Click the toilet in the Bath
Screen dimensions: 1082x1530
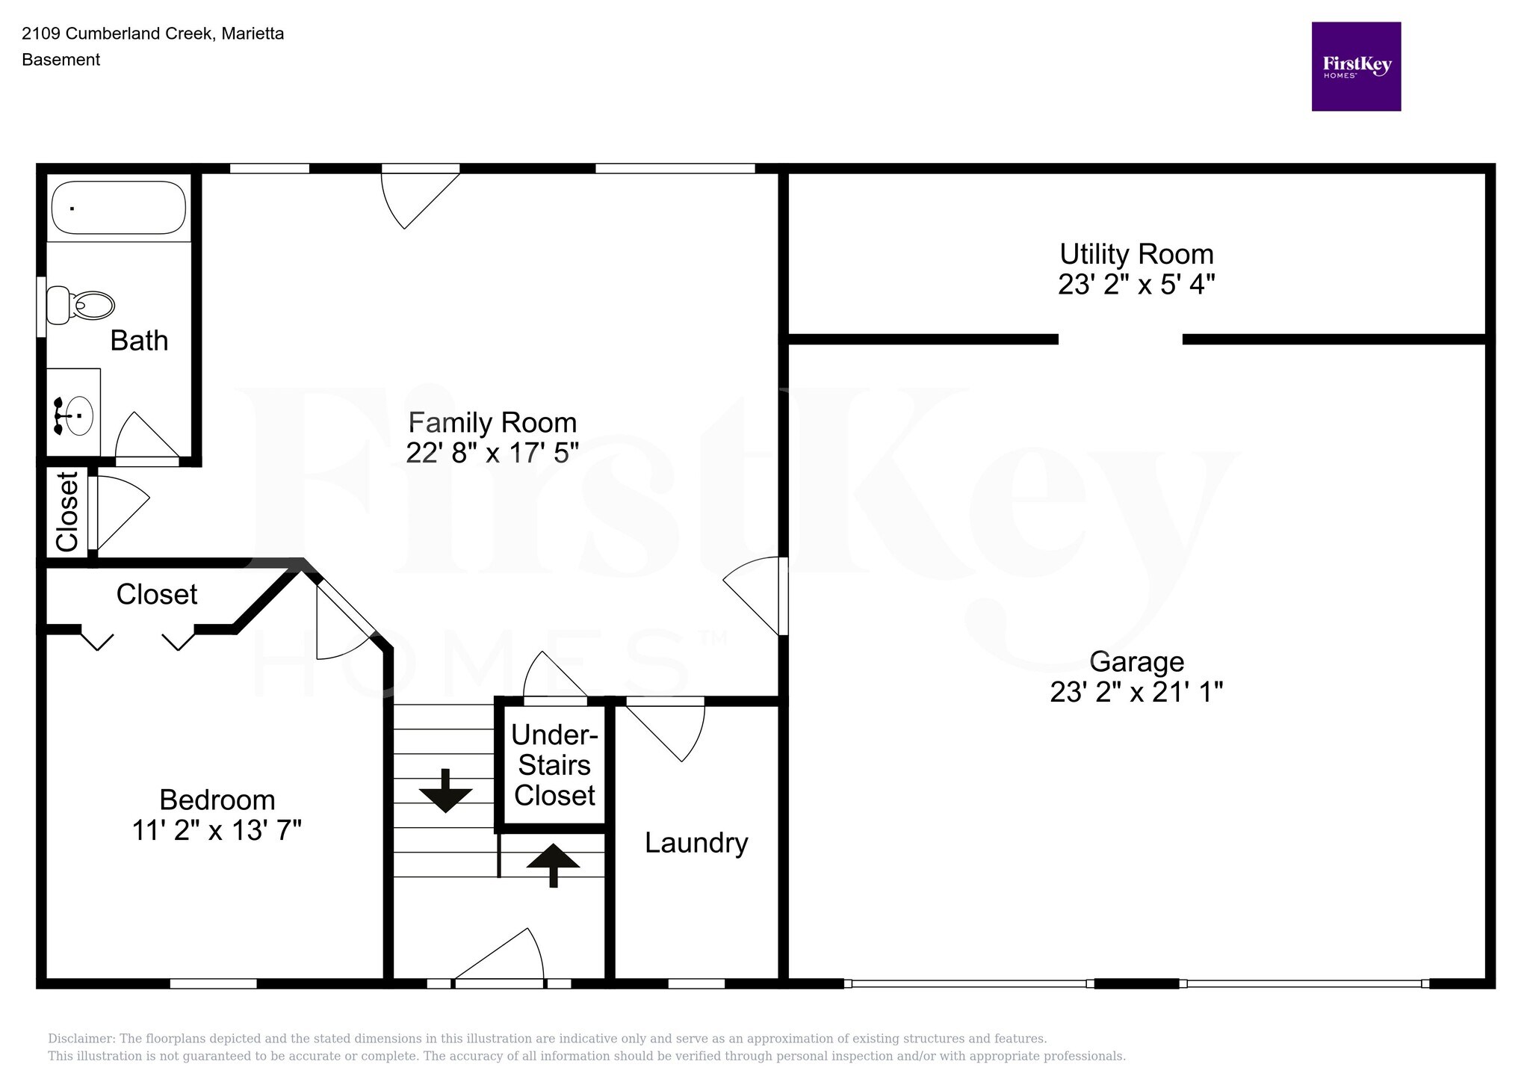pos(81,305)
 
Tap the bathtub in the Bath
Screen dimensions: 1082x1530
pos(118,207)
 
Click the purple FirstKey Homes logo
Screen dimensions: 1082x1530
pos(1356,67)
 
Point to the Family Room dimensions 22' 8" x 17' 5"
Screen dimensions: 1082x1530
pos(492,453)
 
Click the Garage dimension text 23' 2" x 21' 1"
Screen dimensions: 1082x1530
pos(1136,692)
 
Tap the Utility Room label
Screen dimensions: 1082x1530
pos(1136,254)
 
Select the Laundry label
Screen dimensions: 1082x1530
pos(696,843)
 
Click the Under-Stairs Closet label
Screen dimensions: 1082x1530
pos(554,765)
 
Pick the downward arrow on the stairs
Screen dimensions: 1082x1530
pos(445,791)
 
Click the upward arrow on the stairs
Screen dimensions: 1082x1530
pos(553,863)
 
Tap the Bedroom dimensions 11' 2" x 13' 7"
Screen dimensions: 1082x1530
pos(217,830)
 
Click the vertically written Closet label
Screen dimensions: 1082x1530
pos(67,512)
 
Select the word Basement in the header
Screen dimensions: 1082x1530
pos(61,60)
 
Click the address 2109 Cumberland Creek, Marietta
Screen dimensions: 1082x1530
pos(153,34)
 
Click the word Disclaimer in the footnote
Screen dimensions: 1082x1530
pos(79,1039)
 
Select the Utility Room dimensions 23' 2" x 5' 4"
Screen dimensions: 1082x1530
pos(1136,285)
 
